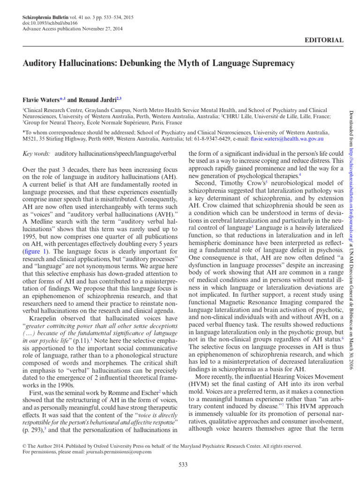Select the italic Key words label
pos(37,153)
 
